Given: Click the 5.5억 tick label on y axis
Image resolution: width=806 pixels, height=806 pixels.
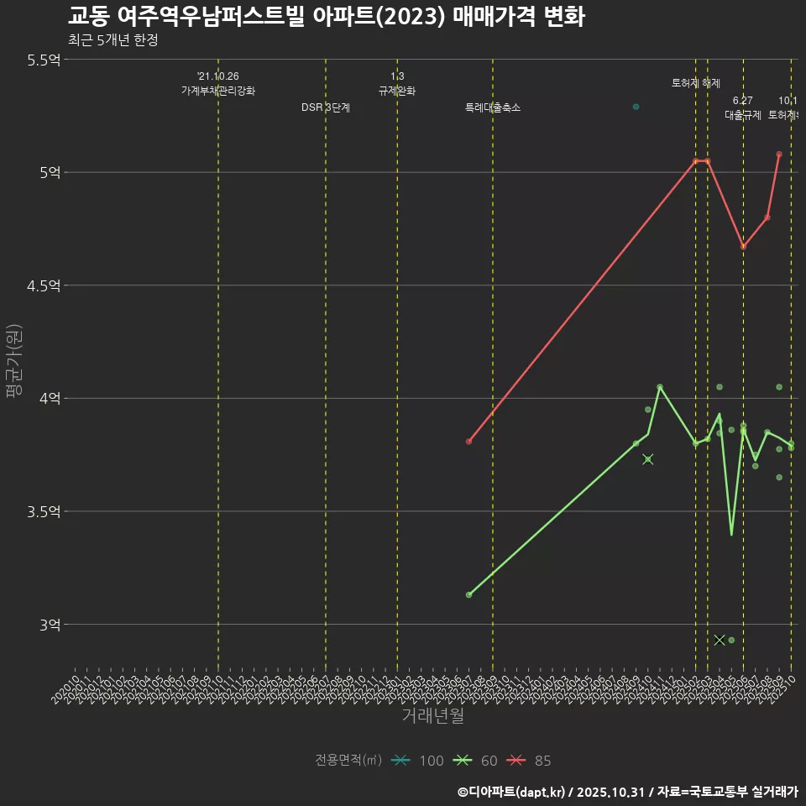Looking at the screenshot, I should pos(44,60).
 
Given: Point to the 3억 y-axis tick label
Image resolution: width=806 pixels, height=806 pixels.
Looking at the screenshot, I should pos(50,625).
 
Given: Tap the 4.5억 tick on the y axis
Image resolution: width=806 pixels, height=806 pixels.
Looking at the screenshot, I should pos(44,285).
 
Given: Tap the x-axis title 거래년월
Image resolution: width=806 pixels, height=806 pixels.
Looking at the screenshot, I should pos(432,716).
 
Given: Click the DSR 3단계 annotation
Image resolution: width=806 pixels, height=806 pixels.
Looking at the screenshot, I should pos(326,107).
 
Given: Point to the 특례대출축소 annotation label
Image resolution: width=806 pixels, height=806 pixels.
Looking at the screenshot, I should pos(493,107).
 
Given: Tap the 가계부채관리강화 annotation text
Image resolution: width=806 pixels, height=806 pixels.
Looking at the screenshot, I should pos(218,91).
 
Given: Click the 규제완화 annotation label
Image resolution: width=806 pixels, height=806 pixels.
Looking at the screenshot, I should pos(397,91).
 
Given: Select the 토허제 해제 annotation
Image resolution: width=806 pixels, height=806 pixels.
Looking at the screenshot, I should pos(696,83).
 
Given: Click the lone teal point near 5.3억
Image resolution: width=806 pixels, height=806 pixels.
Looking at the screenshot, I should pos(636,107).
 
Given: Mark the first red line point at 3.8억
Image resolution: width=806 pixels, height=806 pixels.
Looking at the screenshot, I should pos(468,442).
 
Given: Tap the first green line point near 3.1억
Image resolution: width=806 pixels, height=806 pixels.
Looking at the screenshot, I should pos(468,594).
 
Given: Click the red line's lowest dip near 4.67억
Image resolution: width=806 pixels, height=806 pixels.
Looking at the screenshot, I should pos(743,247).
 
